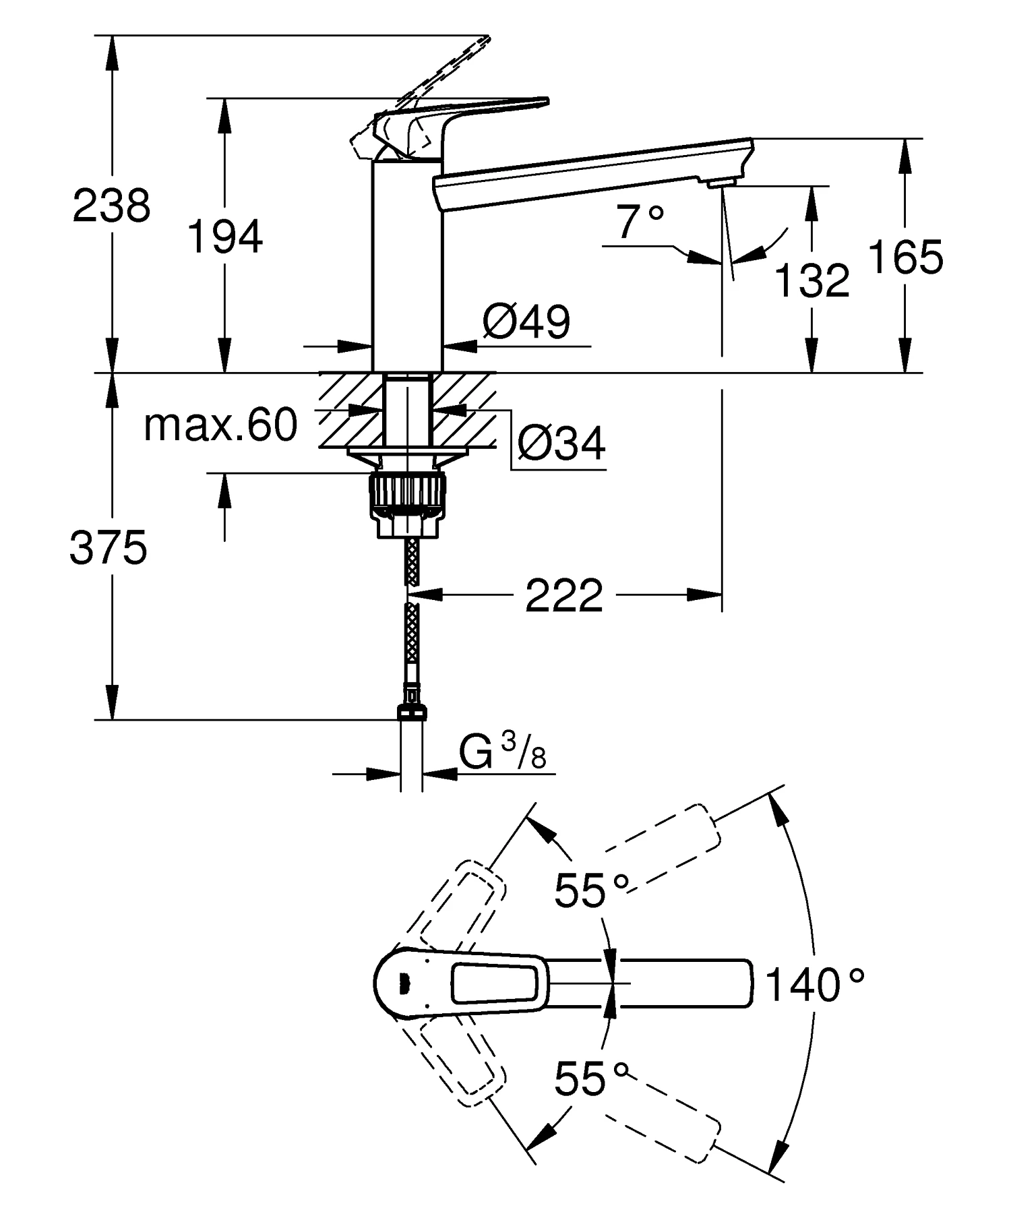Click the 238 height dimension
coord(112,206)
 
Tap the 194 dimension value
coord(224,237)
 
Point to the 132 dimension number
coord(812,280)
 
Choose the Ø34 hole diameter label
coord(561,443)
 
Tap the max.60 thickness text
coord(220,425)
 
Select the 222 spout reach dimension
coord(564,596)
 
